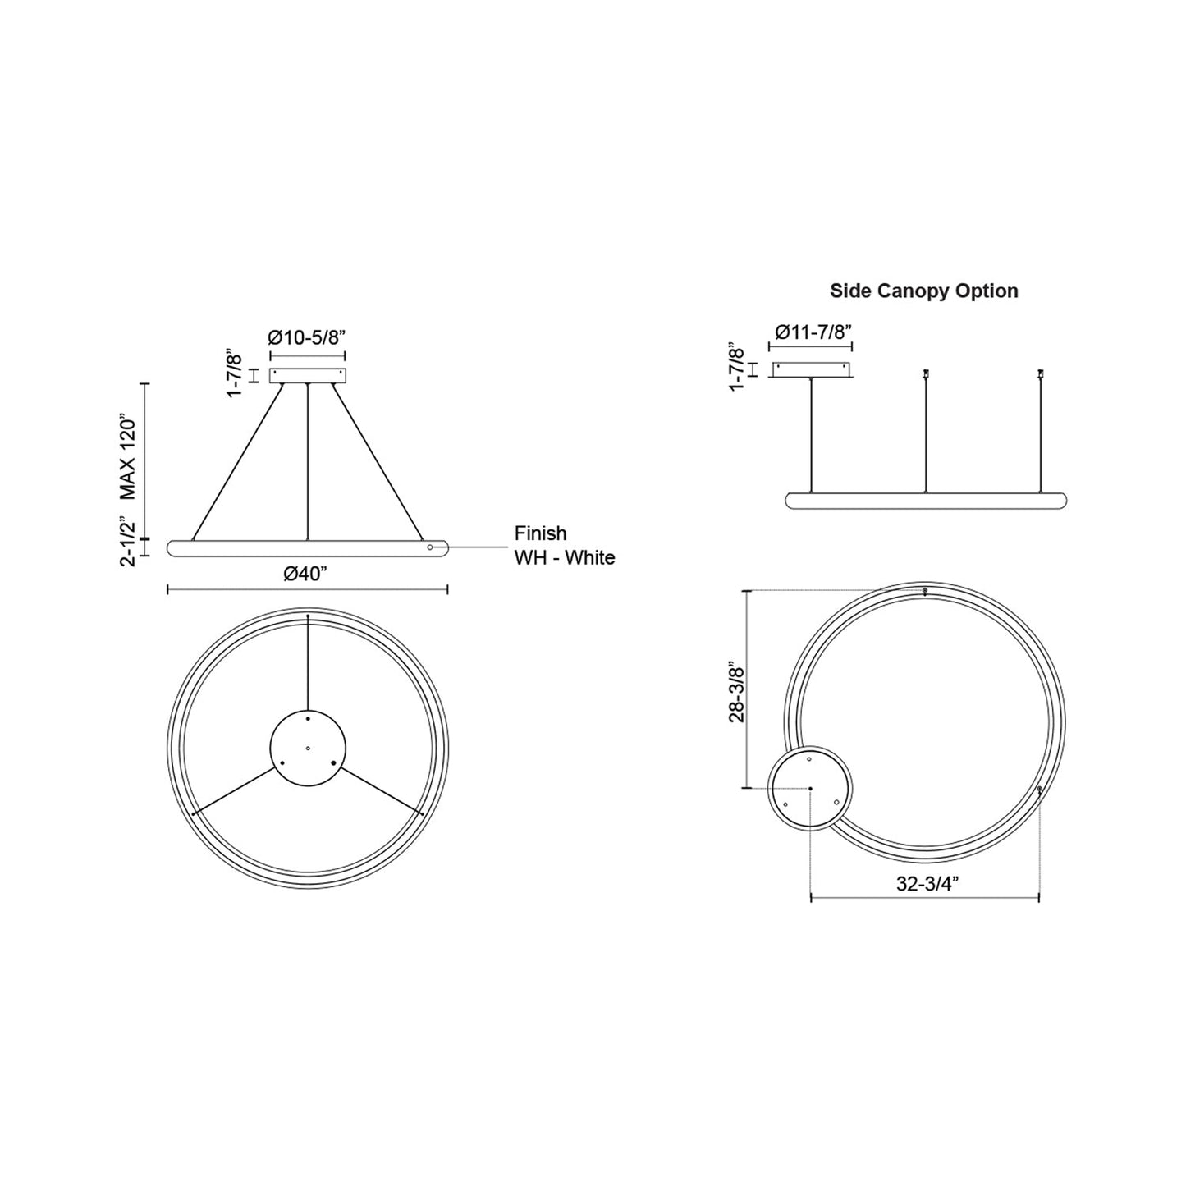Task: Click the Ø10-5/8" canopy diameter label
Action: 307,337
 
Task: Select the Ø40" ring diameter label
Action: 306,574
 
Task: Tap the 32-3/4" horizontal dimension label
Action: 924,883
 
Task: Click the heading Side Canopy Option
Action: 923,291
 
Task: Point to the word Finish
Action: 540,533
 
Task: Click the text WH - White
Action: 564,558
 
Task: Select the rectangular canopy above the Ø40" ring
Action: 308,375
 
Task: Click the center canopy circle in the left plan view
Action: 308,748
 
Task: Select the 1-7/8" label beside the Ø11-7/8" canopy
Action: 736,368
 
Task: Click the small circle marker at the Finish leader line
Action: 430,547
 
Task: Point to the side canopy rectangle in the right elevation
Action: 811,370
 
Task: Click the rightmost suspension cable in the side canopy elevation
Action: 1040,435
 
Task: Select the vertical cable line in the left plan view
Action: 308,662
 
